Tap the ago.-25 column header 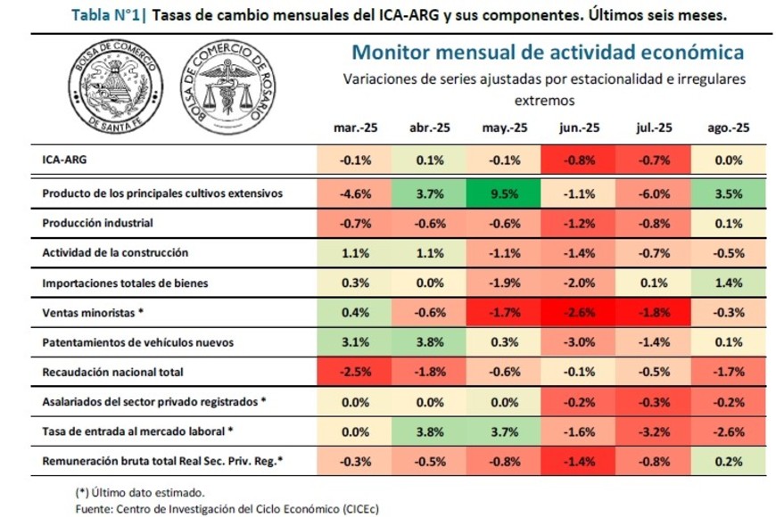click(x=728, y=128)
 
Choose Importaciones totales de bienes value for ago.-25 click(x=728, y=283)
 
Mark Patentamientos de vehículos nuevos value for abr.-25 click(x=428, y=341)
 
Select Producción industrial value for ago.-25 click(x=728, y=223)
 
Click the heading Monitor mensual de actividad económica click(x=548, y=52)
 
